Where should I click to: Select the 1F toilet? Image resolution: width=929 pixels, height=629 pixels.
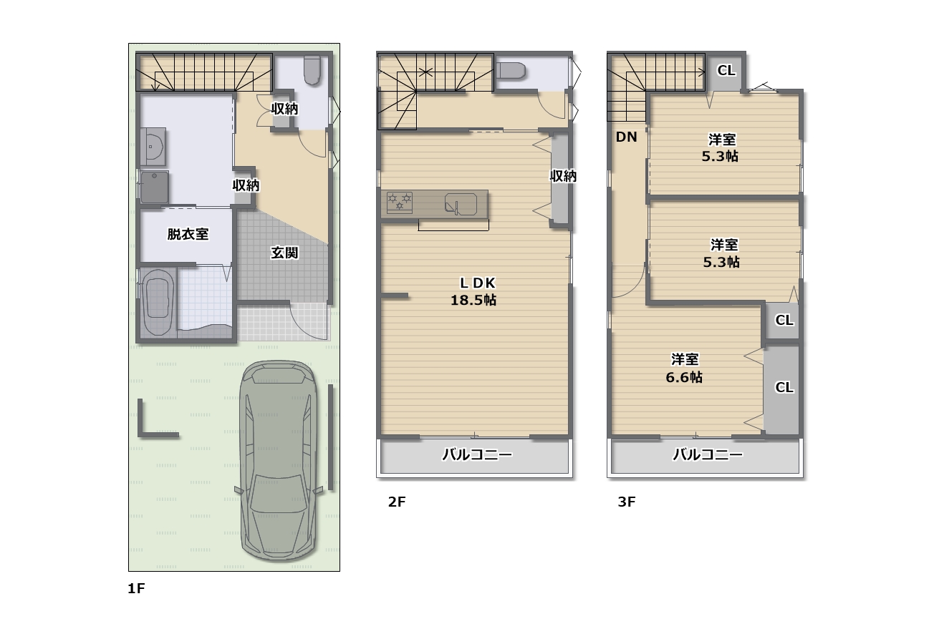(x=312, y=71)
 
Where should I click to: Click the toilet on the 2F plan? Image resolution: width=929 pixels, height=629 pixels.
(x=511, y=71)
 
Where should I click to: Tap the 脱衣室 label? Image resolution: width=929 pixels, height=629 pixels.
(x=188, y=234)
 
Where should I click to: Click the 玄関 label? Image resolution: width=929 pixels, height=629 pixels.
(x=284, y=253)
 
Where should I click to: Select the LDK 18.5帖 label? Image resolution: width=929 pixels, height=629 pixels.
(x=473, y=292)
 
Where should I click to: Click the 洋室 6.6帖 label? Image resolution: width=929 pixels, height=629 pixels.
(x=684, y=368)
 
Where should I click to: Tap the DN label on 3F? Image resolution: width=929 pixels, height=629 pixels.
(x=626, y=138)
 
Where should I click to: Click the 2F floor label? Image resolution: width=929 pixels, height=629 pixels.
(x=397, y=502)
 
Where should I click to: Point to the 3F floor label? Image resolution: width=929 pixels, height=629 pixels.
(x=627, y=502)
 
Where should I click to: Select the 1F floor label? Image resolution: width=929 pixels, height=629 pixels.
(x=136, y=589)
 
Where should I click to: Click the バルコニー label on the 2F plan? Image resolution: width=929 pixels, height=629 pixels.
(x=476, y=454)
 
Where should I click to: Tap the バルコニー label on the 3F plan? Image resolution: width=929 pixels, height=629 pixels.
(x=707, y=454)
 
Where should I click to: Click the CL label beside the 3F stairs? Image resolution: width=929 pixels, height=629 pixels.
(x=726, y=70)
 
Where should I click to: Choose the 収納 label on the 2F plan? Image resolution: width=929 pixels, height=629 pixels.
(x=563, y=176)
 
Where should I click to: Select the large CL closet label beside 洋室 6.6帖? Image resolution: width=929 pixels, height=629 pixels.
(x=784, y=387)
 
